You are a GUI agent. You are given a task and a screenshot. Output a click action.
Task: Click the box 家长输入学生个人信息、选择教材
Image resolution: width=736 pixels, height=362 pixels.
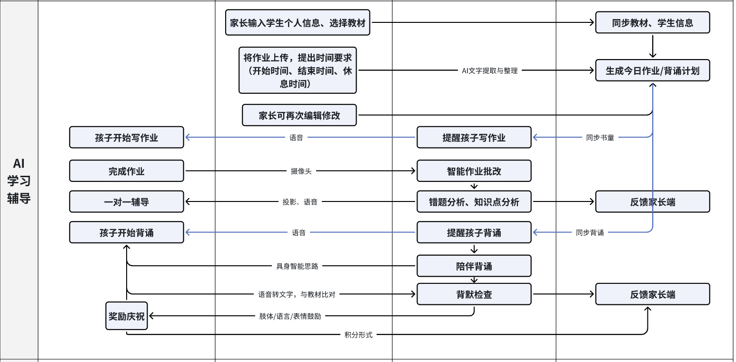[x=298, y=23]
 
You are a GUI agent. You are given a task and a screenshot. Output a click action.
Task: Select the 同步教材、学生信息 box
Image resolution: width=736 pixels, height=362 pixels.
[x=652, y=23]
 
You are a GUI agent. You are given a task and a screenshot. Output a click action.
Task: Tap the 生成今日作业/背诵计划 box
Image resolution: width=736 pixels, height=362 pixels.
[x=652, y=70]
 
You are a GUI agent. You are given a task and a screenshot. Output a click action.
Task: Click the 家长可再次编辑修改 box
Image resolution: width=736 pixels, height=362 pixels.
[x=299, y=115]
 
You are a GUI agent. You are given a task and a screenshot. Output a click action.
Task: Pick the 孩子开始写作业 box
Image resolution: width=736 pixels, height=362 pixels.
[x=126, y=138]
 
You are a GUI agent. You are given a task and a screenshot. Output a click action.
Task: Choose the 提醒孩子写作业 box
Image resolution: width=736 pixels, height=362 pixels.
[x=474, y=138]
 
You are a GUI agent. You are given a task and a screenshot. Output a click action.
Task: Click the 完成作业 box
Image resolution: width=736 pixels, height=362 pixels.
[x=126, y=171]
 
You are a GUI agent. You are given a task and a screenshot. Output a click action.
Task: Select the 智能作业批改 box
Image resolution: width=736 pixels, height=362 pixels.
[x=474, y=171]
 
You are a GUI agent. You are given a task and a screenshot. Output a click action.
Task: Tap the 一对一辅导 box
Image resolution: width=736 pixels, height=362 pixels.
[x=126, y=202]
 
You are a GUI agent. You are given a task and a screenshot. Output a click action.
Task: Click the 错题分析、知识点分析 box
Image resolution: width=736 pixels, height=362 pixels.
[x=474, y=202]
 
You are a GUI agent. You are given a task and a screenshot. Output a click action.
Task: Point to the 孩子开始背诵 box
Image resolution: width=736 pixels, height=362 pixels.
[x=126, y=233]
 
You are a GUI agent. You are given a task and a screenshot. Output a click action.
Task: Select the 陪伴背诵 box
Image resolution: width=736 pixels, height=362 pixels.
[x=474, y=266]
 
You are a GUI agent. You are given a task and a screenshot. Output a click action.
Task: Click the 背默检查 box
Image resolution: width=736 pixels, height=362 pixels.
[x=474, y=294]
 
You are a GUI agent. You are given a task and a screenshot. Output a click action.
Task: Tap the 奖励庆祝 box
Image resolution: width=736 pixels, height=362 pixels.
[x=126, y=316]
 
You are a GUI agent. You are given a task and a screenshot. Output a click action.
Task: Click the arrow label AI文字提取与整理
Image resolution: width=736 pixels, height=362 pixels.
[x=489, y=70]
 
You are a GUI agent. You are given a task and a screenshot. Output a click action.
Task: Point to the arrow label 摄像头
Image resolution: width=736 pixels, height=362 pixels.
[x=301, y=171]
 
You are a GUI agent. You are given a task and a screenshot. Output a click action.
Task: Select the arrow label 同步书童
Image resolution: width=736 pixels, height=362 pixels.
[x=600, y=138]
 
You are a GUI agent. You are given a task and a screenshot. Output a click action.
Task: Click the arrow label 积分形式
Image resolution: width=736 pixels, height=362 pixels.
[x=358, y=335]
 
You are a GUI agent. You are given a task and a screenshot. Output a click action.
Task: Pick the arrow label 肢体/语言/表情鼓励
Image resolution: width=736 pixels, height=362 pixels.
[x=290, y=316]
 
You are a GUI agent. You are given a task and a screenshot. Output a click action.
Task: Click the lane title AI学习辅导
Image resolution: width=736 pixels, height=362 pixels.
[x=19, y=181]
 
